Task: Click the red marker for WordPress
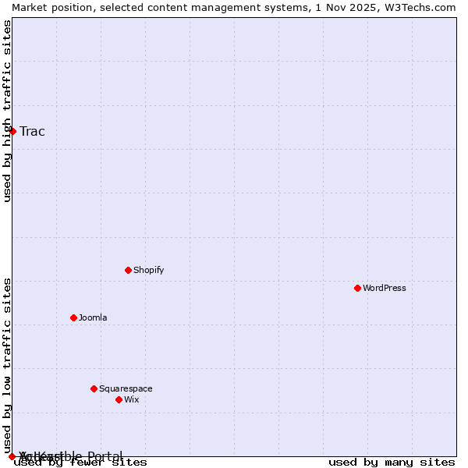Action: [x=357, y=288]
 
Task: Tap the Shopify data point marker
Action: [x=128, y=270]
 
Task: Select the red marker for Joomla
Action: [x=73, y=317]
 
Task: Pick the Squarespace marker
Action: [x=94, y=388]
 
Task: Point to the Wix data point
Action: [x=119, y=399]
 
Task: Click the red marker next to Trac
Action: [x=12, y=131]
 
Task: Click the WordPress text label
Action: [x=385, y=288]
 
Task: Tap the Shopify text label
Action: [x=149, y=270]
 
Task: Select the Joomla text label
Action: [x=93, y=317]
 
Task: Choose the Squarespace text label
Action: [x=126, y=388]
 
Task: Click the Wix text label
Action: [x=131, y=399]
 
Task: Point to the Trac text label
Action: [x=32, y=131]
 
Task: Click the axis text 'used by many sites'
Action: [x=392, y=463]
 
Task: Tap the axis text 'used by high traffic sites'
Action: [x=7, y=111]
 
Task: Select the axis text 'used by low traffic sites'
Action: [x=7, y=365]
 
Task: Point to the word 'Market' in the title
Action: [x=29, y=7]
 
